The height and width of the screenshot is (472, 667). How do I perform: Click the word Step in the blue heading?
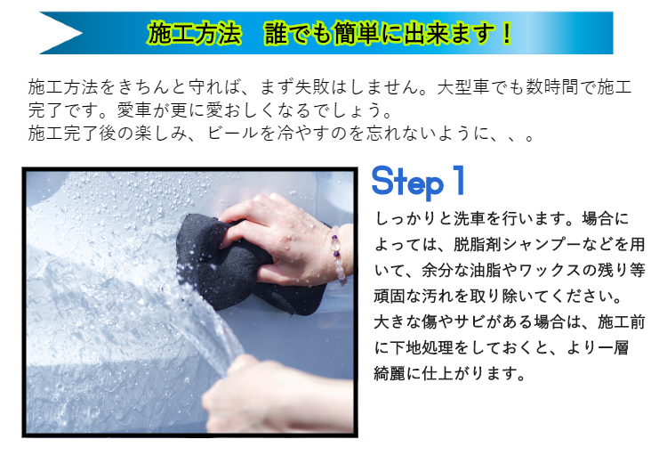(407, 183)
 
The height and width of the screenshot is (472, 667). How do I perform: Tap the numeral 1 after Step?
(459, 181)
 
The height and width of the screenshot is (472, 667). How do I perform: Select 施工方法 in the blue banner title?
(195, 33)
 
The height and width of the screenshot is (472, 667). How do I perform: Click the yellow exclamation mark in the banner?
(506, 33)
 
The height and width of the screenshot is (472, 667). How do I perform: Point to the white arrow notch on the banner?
(60, 33)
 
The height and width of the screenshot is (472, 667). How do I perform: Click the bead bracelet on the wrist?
(338, 255)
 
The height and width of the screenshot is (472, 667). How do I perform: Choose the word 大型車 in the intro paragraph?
(463, 87)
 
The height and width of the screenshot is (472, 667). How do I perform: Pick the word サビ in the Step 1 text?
(469, 321)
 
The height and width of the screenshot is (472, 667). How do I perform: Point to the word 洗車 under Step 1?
(469, 218)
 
